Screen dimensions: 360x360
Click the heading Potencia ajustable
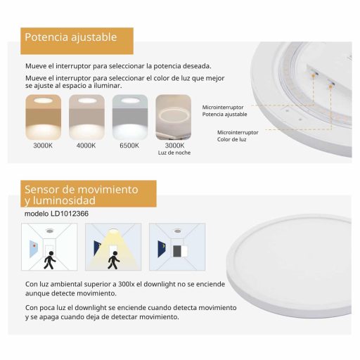71,37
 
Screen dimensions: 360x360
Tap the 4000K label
86,146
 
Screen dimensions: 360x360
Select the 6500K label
129,146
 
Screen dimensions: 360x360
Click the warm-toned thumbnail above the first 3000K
44,117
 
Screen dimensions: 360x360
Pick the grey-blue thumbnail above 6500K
130,117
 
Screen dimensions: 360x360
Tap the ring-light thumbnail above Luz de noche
174,117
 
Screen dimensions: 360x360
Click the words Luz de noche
174,153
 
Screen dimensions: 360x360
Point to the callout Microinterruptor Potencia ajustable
224,110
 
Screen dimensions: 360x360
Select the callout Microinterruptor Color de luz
238,136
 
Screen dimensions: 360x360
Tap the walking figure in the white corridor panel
49,260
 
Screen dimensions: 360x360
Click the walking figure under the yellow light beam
114,260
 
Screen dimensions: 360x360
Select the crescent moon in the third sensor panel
163,246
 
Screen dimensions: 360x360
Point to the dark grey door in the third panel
176,251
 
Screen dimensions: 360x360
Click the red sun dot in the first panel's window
34,245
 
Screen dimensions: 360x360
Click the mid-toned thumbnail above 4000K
86,117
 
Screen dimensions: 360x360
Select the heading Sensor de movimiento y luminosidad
82,195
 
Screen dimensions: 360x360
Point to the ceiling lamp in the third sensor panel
178,231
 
